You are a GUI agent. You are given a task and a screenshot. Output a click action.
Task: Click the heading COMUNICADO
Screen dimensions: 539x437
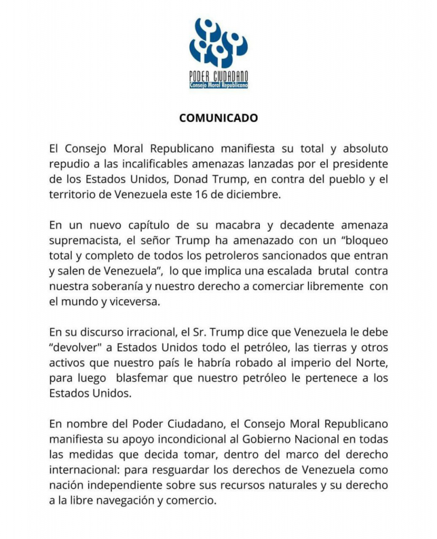pyautogui.click(x=218, y=118)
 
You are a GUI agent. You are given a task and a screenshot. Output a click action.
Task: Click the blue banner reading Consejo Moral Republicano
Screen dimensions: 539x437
pyautogui.click(x=218, y=85)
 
